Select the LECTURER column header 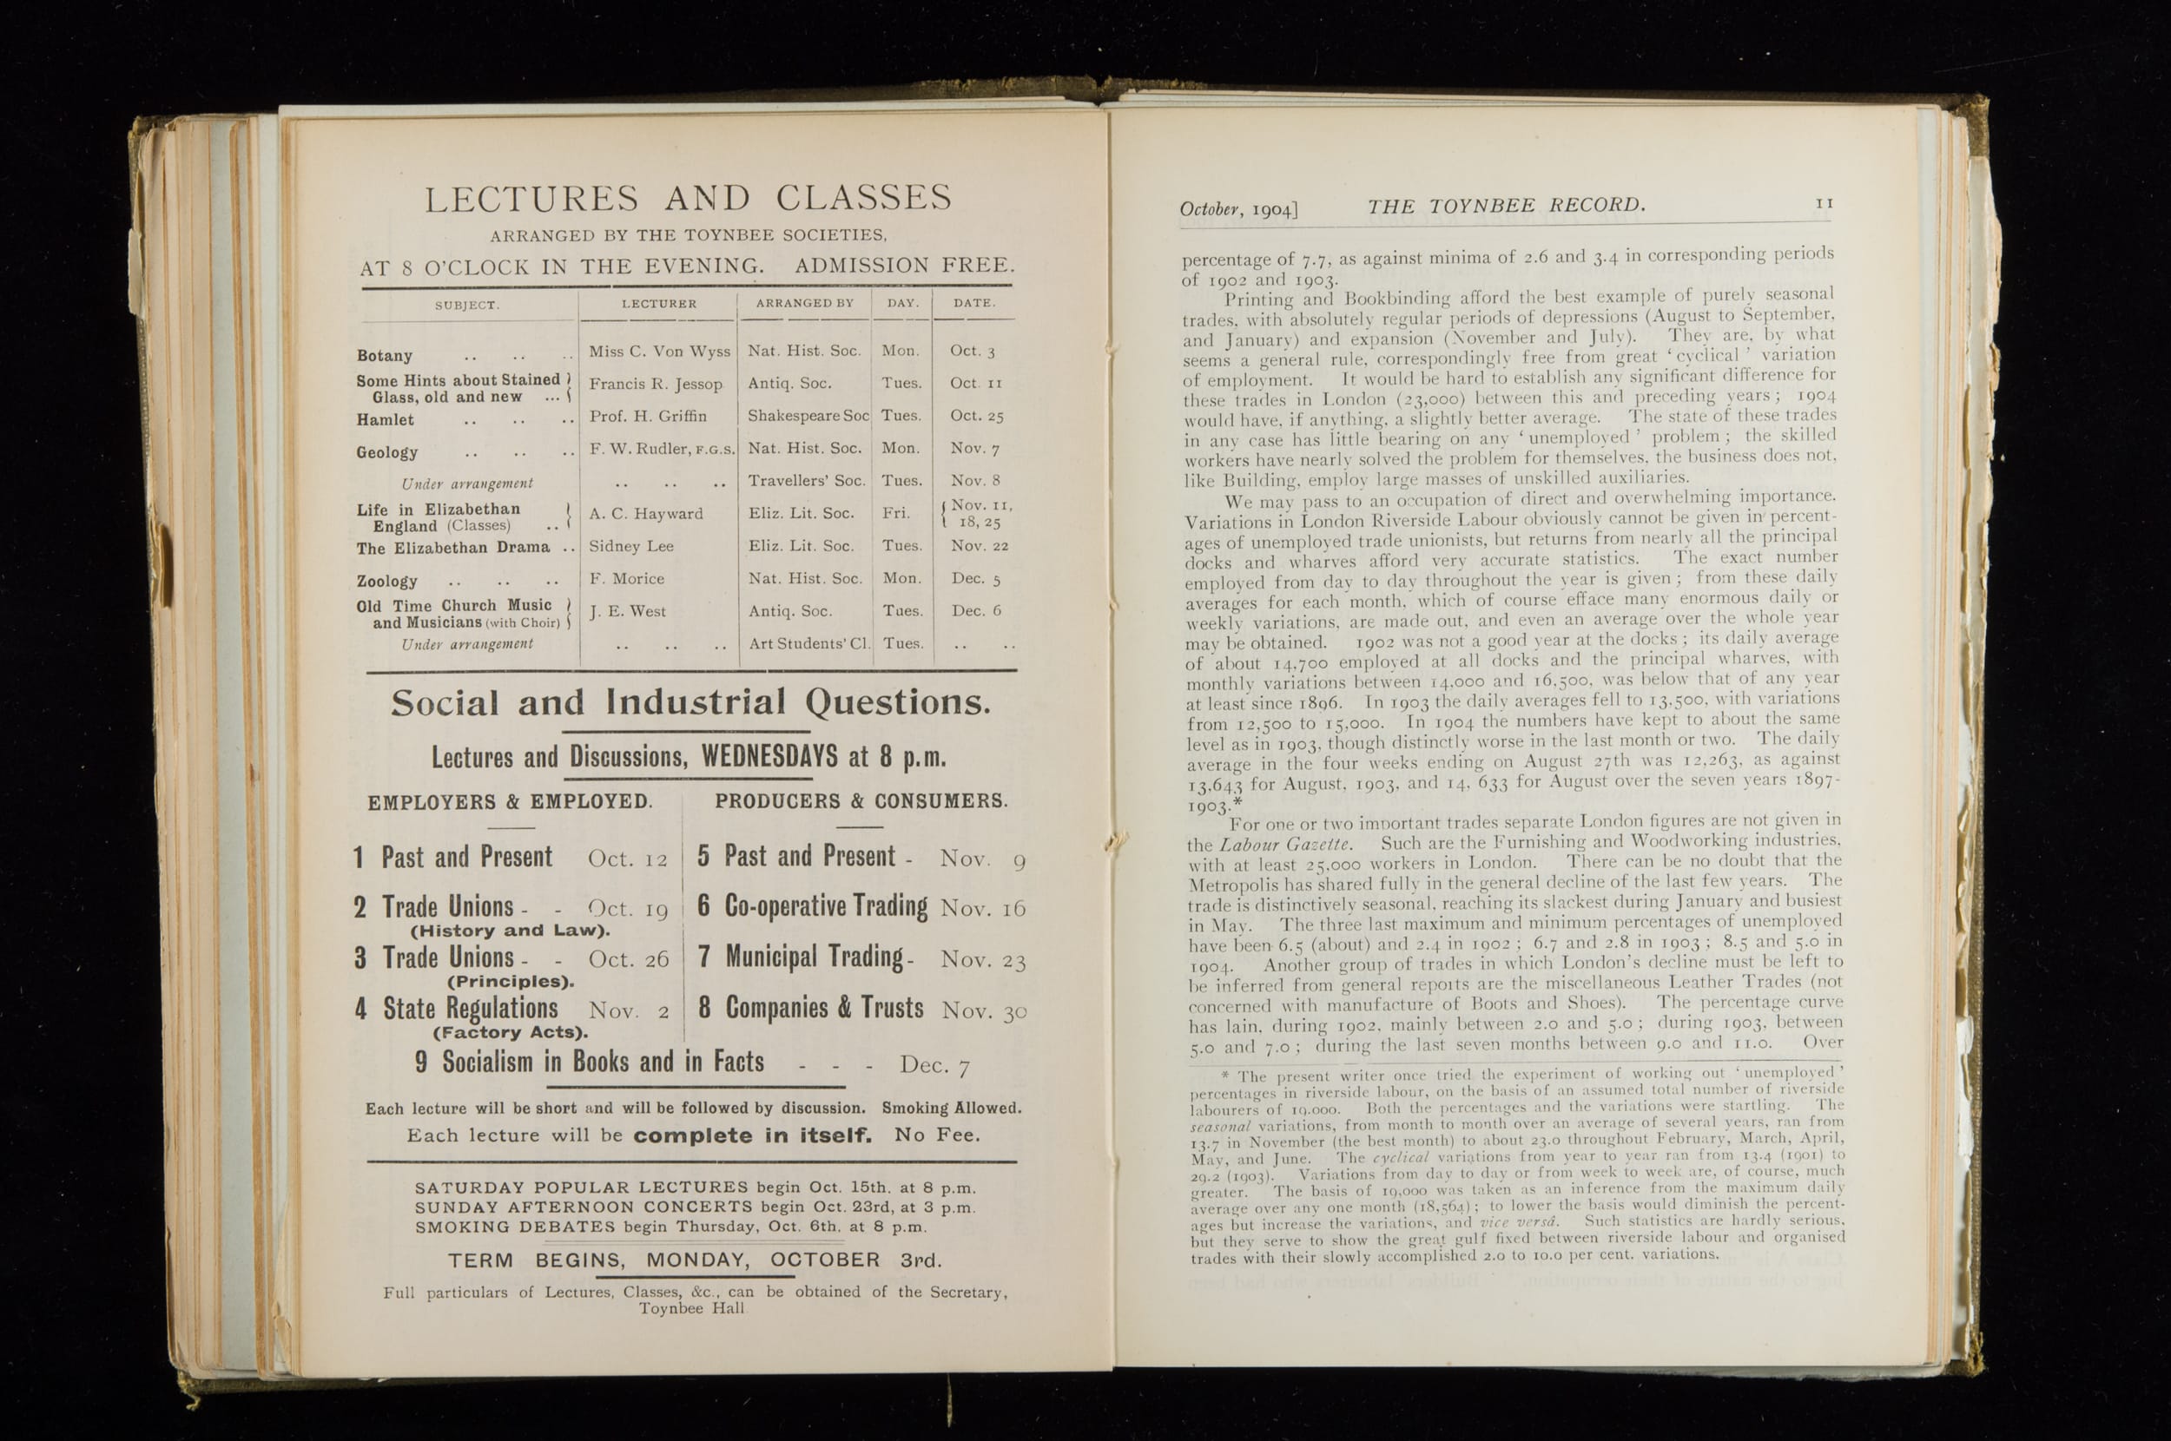[658, 303]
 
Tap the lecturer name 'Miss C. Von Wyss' [659, 351]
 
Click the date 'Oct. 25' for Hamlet [976, 416]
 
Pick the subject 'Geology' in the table [387, 452]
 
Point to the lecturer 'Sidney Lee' [630, 546]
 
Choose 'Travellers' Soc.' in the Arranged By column [806, 481]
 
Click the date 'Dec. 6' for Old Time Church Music [976, 610]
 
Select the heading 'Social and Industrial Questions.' [690, 703]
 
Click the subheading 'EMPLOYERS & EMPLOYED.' [510, 801]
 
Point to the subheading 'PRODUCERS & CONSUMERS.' [861, 801]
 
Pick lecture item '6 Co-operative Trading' [813, 907]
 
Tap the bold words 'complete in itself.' [753, 1136]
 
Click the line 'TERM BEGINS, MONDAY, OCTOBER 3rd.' [694, 1260]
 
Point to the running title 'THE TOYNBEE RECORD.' [1506, 206]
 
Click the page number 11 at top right [1825, 203]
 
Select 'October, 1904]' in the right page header [1238, 209]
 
